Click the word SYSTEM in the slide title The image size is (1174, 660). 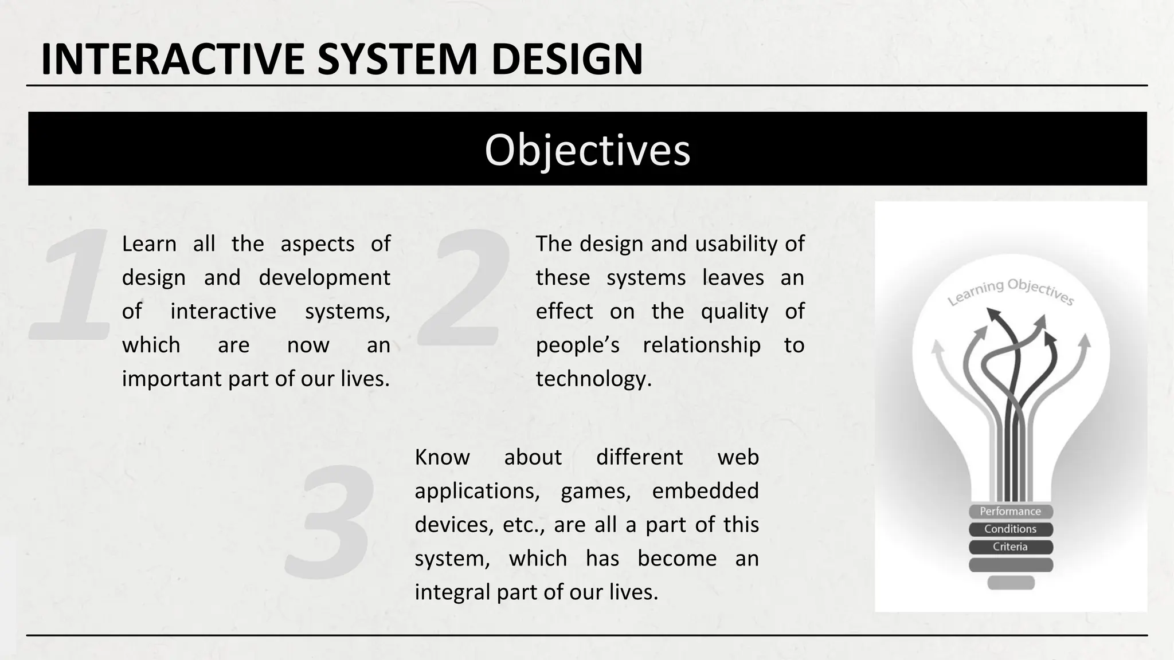pyautogui.click(x=398, y=60)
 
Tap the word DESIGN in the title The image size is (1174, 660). pyautogui.click(x=567, y=60)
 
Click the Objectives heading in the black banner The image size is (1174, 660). pyautogui.click(x=587, y=150)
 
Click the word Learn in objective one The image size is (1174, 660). pyautogui.click(x=149, y=245)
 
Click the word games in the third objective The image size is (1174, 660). pyautogui.click(x=595, y=492)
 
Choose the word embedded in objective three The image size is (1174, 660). pyautogui.click(x=705, y=492)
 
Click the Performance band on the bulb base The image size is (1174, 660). pyautogui.click(x=1010, y=512)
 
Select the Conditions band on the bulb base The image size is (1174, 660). pyautogui.click(x=1010, y=529)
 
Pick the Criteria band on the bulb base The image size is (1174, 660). pyautogui.click(x=1010, y=547)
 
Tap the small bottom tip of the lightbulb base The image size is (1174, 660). pyautogui.click(x=1011, y=583)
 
